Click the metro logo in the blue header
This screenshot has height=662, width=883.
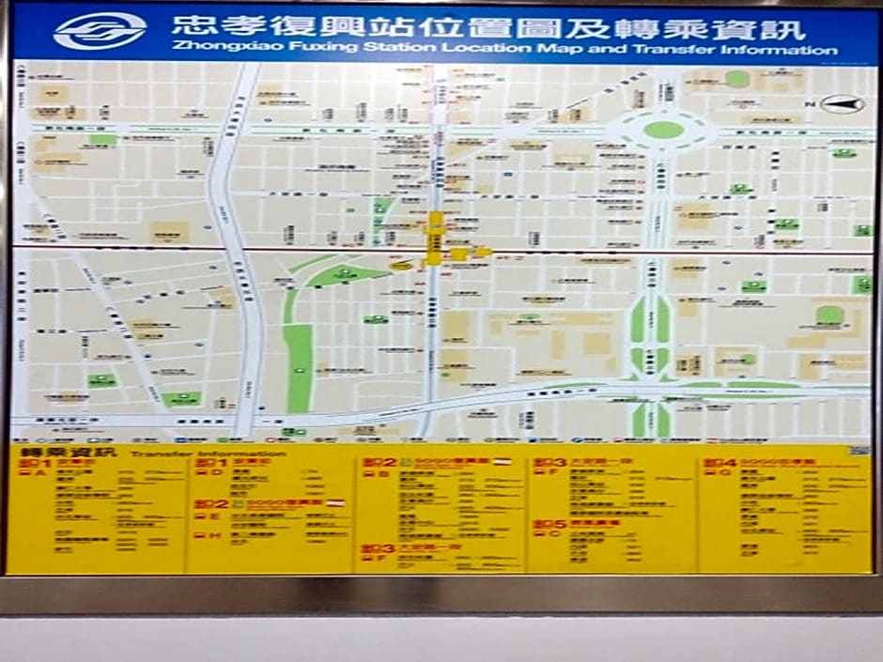point(100,32)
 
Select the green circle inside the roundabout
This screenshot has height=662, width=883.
point(663,129)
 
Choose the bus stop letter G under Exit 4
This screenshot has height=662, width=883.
point(725,472)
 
